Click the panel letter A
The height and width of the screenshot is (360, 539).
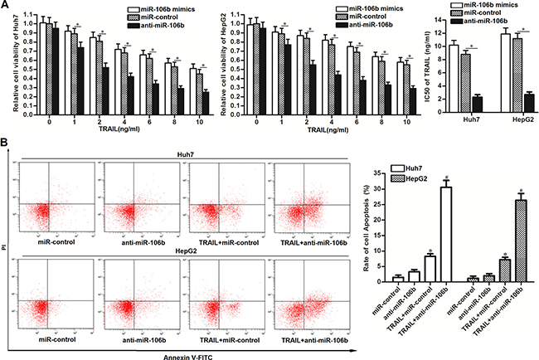[7, 7]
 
